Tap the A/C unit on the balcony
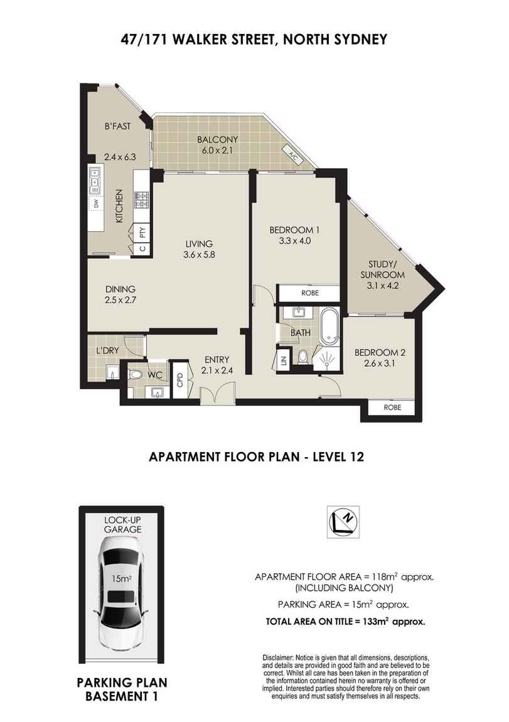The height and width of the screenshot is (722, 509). click(292, 153)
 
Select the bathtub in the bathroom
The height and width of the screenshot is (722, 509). click(330, 326)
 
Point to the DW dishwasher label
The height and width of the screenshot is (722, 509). click(96, 205)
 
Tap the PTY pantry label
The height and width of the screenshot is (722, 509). click(142, 232)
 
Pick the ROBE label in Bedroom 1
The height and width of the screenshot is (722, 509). click(309, 293)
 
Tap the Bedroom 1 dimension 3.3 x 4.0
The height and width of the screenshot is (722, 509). click(295, 240)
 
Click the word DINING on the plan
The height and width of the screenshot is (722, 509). click(121, 289)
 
